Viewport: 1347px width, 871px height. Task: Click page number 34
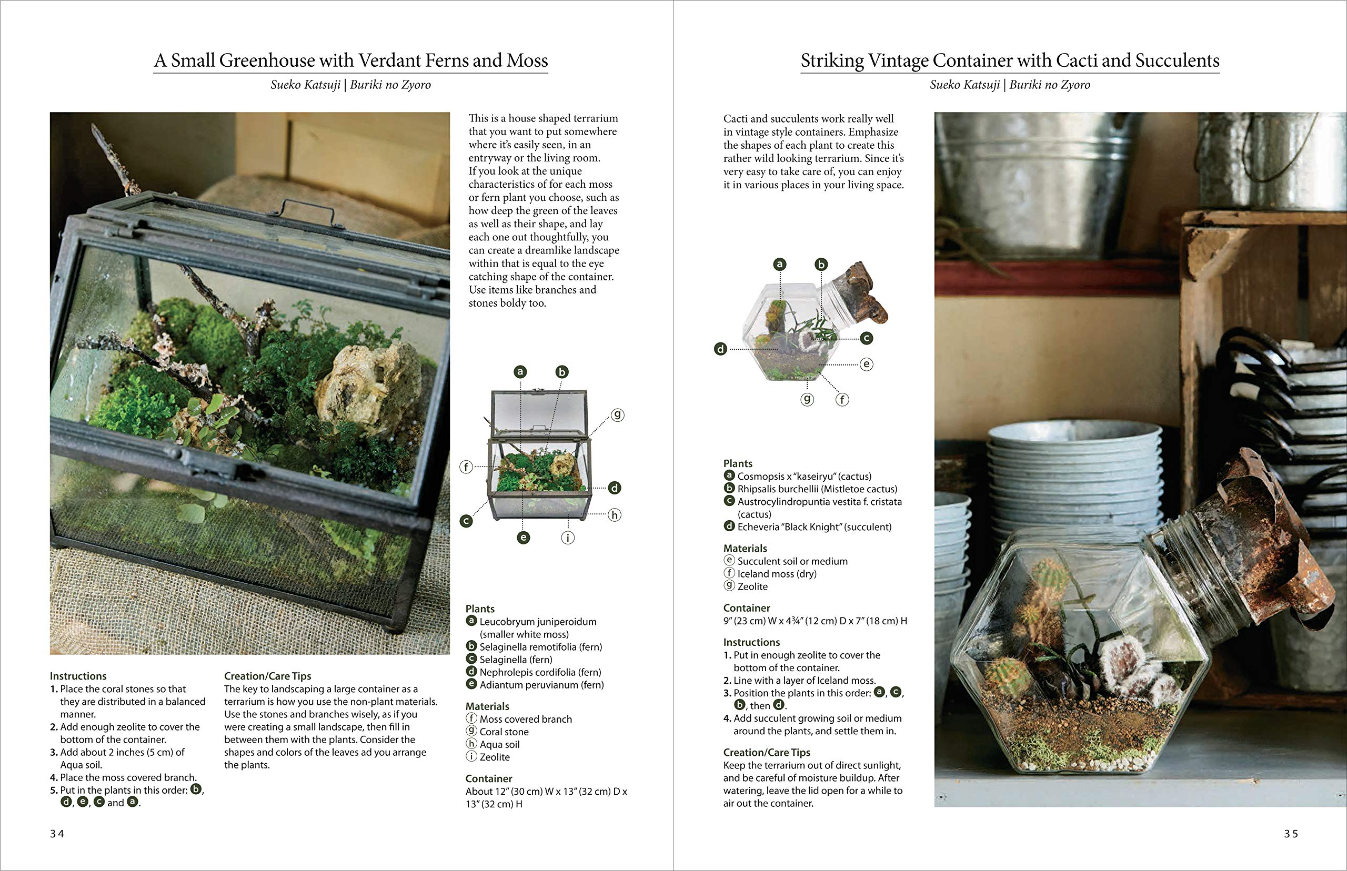(x=57, y=834)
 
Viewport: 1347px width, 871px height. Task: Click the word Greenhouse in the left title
(x=267, y=60)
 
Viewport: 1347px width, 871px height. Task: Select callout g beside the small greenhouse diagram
(x=617, y=414)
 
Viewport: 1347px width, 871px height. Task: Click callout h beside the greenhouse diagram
(x=614, y=515)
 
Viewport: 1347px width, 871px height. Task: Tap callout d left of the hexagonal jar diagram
(x=720, y=349)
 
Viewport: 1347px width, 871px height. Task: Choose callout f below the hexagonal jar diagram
(x=842, y=400)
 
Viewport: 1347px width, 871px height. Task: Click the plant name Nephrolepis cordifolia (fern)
(x=540, y=672)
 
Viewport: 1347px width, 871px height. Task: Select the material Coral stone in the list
(x=504, y=731)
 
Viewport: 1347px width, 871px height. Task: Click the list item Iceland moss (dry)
(x=776, y=573)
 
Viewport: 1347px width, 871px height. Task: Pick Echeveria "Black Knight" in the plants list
(x=813, y=526)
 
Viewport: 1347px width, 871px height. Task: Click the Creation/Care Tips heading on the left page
(x=268, y=676)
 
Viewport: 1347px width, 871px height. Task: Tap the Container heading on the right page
(x=746, y=608)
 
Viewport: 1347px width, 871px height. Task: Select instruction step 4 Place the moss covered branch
(x=128, y=777)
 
